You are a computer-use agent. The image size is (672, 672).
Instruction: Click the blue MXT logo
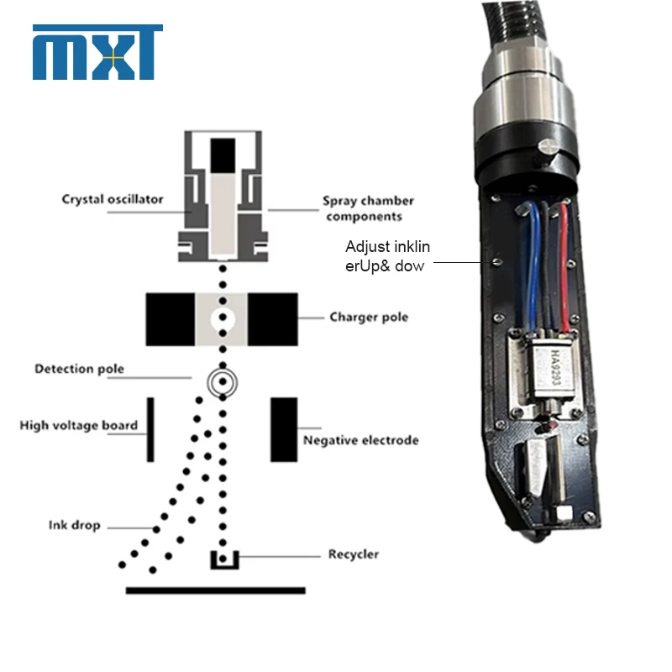click(97, 52)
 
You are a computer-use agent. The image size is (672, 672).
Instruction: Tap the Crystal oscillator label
click(113, 199)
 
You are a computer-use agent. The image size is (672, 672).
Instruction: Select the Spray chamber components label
click(368, 208)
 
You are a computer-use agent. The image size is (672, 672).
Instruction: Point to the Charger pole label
click(369, 318)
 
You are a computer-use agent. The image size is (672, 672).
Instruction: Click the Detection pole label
click(79, 369)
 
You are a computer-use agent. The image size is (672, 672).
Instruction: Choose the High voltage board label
click(79, 425)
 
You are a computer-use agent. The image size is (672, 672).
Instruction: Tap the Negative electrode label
click(361, 440)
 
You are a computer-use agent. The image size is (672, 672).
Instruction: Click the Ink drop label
click(74, 525)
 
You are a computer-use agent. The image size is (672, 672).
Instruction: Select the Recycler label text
click(354, 554)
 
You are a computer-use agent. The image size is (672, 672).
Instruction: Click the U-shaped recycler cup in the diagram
click(224, 566)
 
